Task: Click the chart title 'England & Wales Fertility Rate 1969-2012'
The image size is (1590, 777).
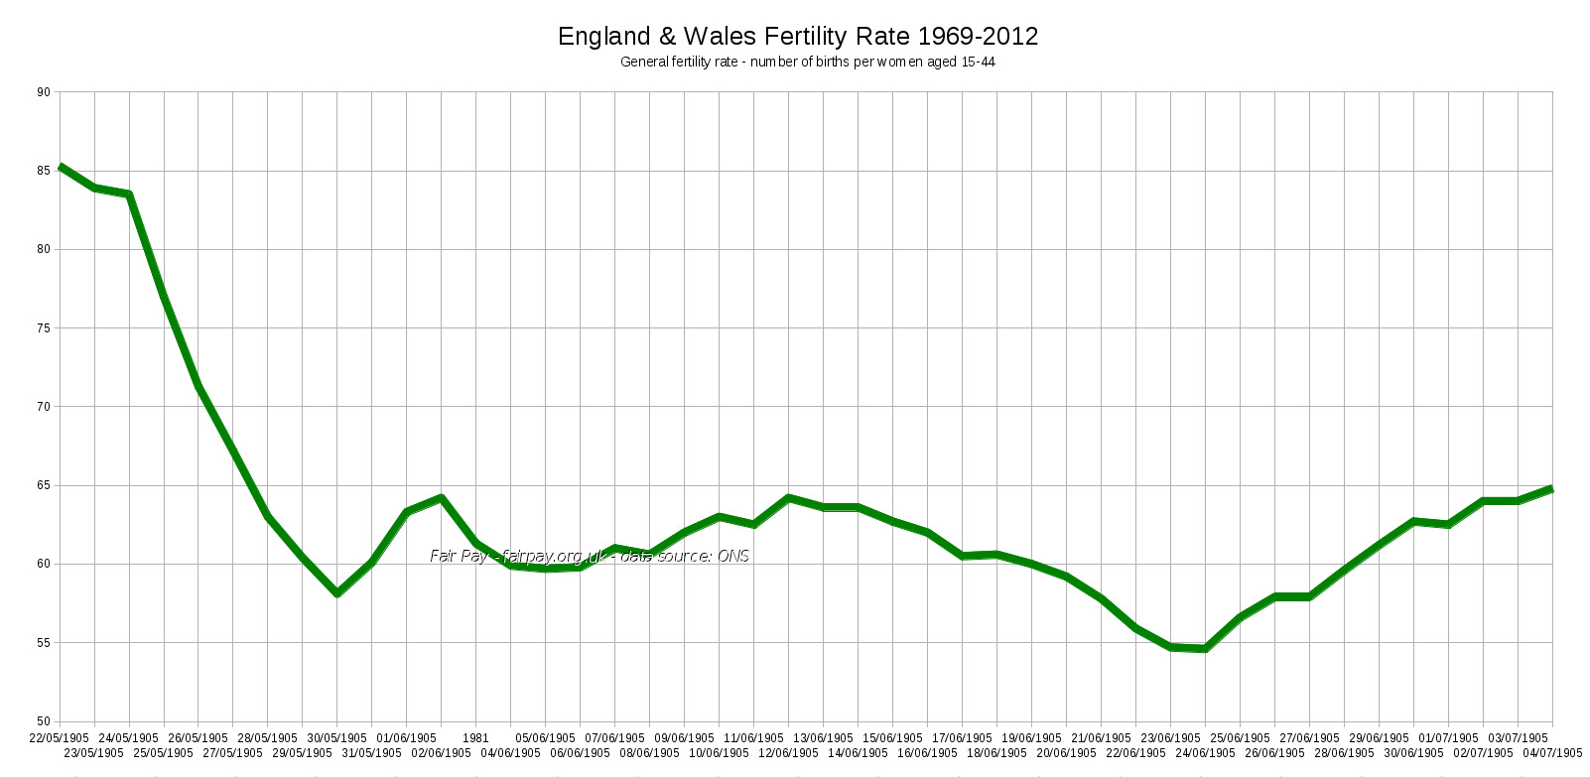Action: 797,37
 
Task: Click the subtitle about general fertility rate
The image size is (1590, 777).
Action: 807,62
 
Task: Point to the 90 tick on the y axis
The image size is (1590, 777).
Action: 44,92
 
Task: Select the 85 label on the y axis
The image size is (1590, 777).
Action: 44,171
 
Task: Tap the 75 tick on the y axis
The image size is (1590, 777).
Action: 44,328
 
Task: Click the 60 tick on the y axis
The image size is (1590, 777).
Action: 44,564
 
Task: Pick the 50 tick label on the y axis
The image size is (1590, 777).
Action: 44,721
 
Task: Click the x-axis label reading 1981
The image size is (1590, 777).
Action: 475,738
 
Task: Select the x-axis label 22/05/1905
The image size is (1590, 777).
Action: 60,738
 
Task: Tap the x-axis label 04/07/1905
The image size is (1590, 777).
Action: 1552,753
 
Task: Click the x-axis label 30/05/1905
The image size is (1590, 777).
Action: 337,738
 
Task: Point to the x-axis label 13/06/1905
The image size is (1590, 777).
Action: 823,738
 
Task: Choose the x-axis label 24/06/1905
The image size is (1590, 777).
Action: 1205,753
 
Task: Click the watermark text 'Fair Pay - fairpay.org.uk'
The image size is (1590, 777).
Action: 516,556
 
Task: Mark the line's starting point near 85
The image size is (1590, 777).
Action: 61,167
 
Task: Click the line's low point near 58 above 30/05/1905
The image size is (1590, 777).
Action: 337,593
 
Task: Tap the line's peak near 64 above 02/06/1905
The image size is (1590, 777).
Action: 441,497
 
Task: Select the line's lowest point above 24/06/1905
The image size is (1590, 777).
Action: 1205,649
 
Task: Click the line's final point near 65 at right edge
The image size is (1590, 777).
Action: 1551,489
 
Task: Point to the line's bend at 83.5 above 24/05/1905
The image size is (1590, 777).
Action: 129,194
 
